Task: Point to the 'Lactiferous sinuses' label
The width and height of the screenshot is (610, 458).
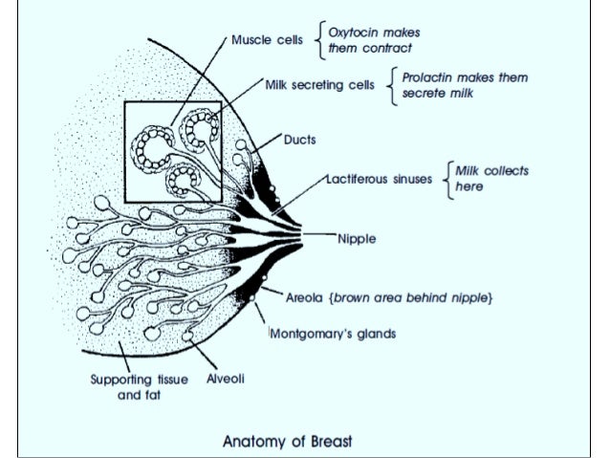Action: pyautogui.click(x=381, y=178)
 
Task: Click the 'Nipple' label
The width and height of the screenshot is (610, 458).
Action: pyautogui.click(x=357, y=238)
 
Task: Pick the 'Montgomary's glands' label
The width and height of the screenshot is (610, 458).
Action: pyautogui.click(x=333, y=334)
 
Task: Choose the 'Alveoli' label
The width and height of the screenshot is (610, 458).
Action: pyautogui.click(x=226, y=379)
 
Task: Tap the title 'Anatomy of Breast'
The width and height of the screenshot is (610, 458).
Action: pyautogui.click(x=287, y=441)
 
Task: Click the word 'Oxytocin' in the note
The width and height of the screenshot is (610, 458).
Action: pyautogui.click(x=348, y=32)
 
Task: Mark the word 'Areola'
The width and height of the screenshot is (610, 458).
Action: pyautogui.click(x=305, y=297)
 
